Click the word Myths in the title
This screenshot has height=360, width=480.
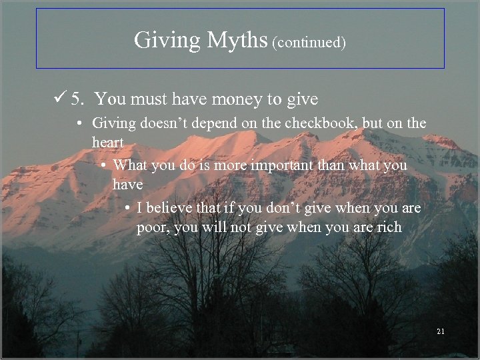pos(237,41)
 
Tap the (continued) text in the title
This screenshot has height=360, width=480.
pos(309,43)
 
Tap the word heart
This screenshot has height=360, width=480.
pos(107,142)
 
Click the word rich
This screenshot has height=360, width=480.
pos(389,227)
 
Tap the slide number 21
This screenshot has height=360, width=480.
pos(441,331)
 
